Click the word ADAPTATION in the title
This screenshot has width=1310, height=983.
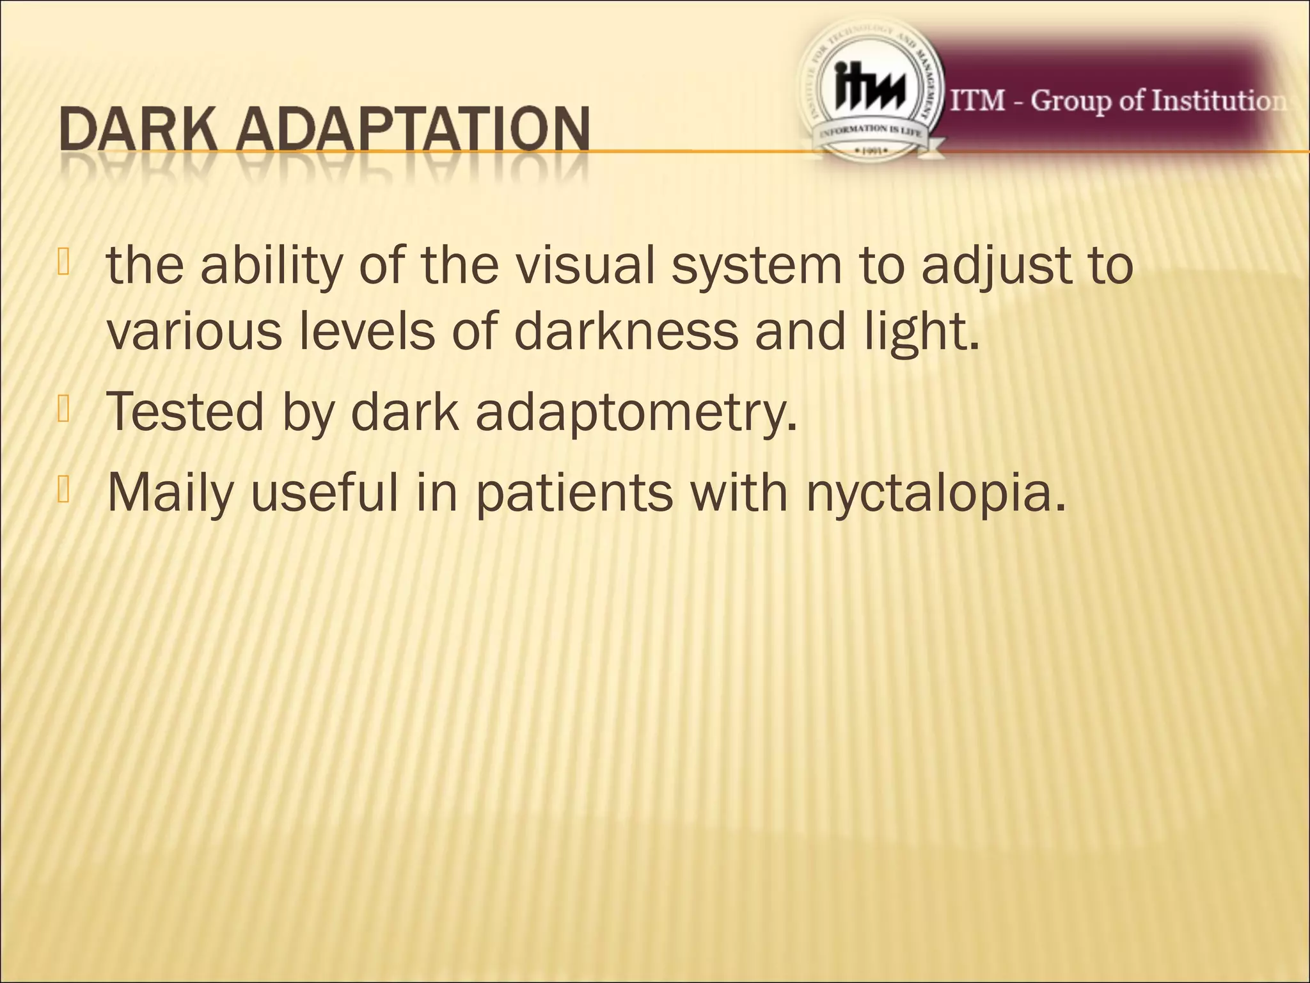point(418,131)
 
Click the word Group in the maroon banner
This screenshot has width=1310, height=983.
point(1071,102)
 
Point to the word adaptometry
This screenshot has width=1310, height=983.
point(636,413)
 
